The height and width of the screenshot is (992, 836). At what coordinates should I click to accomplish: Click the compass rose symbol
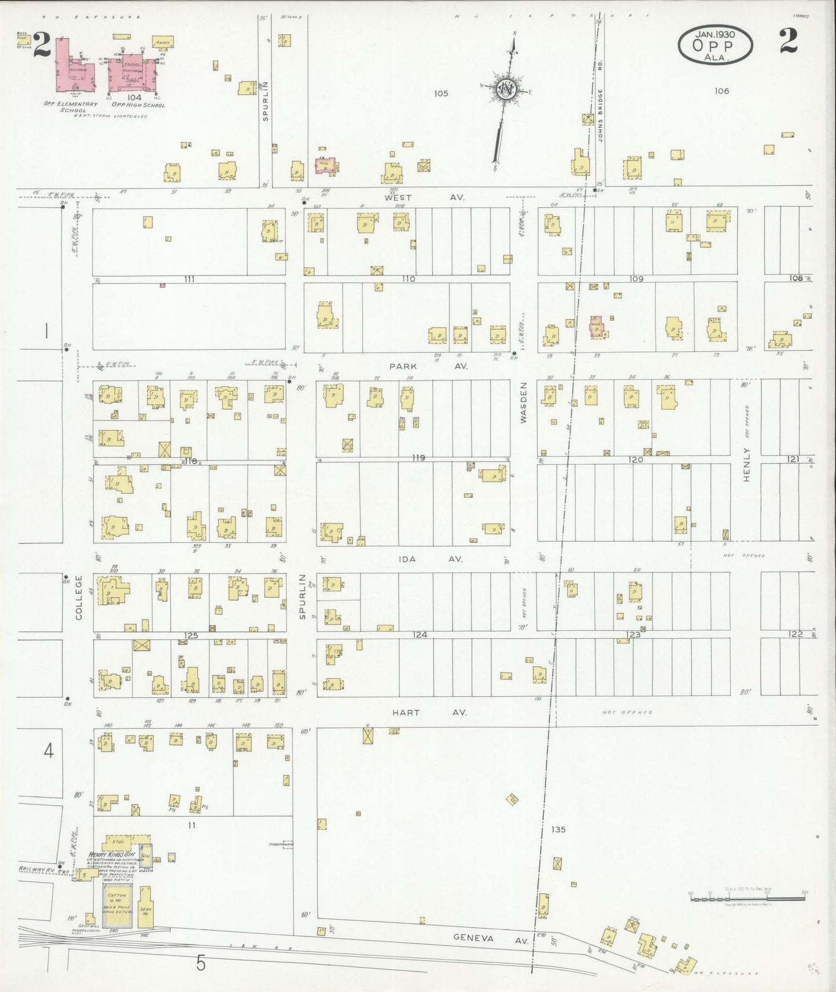click(x=506, y=90)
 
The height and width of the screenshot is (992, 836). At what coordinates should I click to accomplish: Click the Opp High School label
click(x=138, y=105)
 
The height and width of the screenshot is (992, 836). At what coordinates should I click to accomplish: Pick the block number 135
click(x=558, y=829)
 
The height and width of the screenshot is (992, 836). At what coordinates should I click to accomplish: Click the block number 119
click(x=418, y=458)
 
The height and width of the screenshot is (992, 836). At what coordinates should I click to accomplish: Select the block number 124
click(x=420, y=635)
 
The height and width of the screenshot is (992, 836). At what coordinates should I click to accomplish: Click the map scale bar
click(x=747, y=898)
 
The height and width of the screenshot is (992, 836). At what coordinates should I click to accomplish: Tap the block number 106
click(x=721, y=91)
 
